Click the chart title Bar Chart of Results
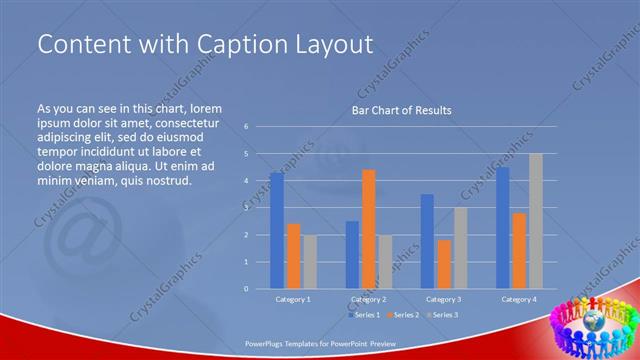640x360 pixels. pyautogui.click(x=401, y=110)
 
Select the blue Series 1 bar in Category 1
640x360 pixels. pyautogui.click(x=277, y=230)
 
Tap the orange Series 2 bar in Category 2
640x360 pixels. pyautogui.click(x=368, y=228)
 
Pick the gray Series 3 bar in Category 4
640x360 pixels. pyautogui.click(x=536, y=220)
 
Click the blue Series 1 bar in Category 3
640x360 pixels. pyautogui.click(x=427, y=241)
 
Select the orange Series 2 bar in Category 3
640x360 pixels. pyautogui.click(x=444, y=264)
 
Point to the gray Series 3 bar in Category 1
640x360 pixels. pyautogui.click(x=310, y=262)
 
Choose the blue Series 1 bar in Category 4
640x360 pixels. pyautogui.click(x=502, y=227)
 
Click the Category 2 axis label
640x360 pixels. pyautogui.click(x=368, y=299)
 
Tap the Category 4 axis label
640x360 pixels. pyautogui.click(x=518, y=299)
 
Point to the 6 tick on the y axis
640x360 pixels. pyautogui.click(x=247, y=127)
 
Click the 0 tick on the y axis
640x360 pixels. pyautogui.click(x=247, y=289)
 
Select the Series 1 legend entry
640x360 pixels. pyautogui.click(x=364, y=315)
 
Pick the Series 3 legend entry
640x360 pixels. pyautogui.click(x=444, y=315)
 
